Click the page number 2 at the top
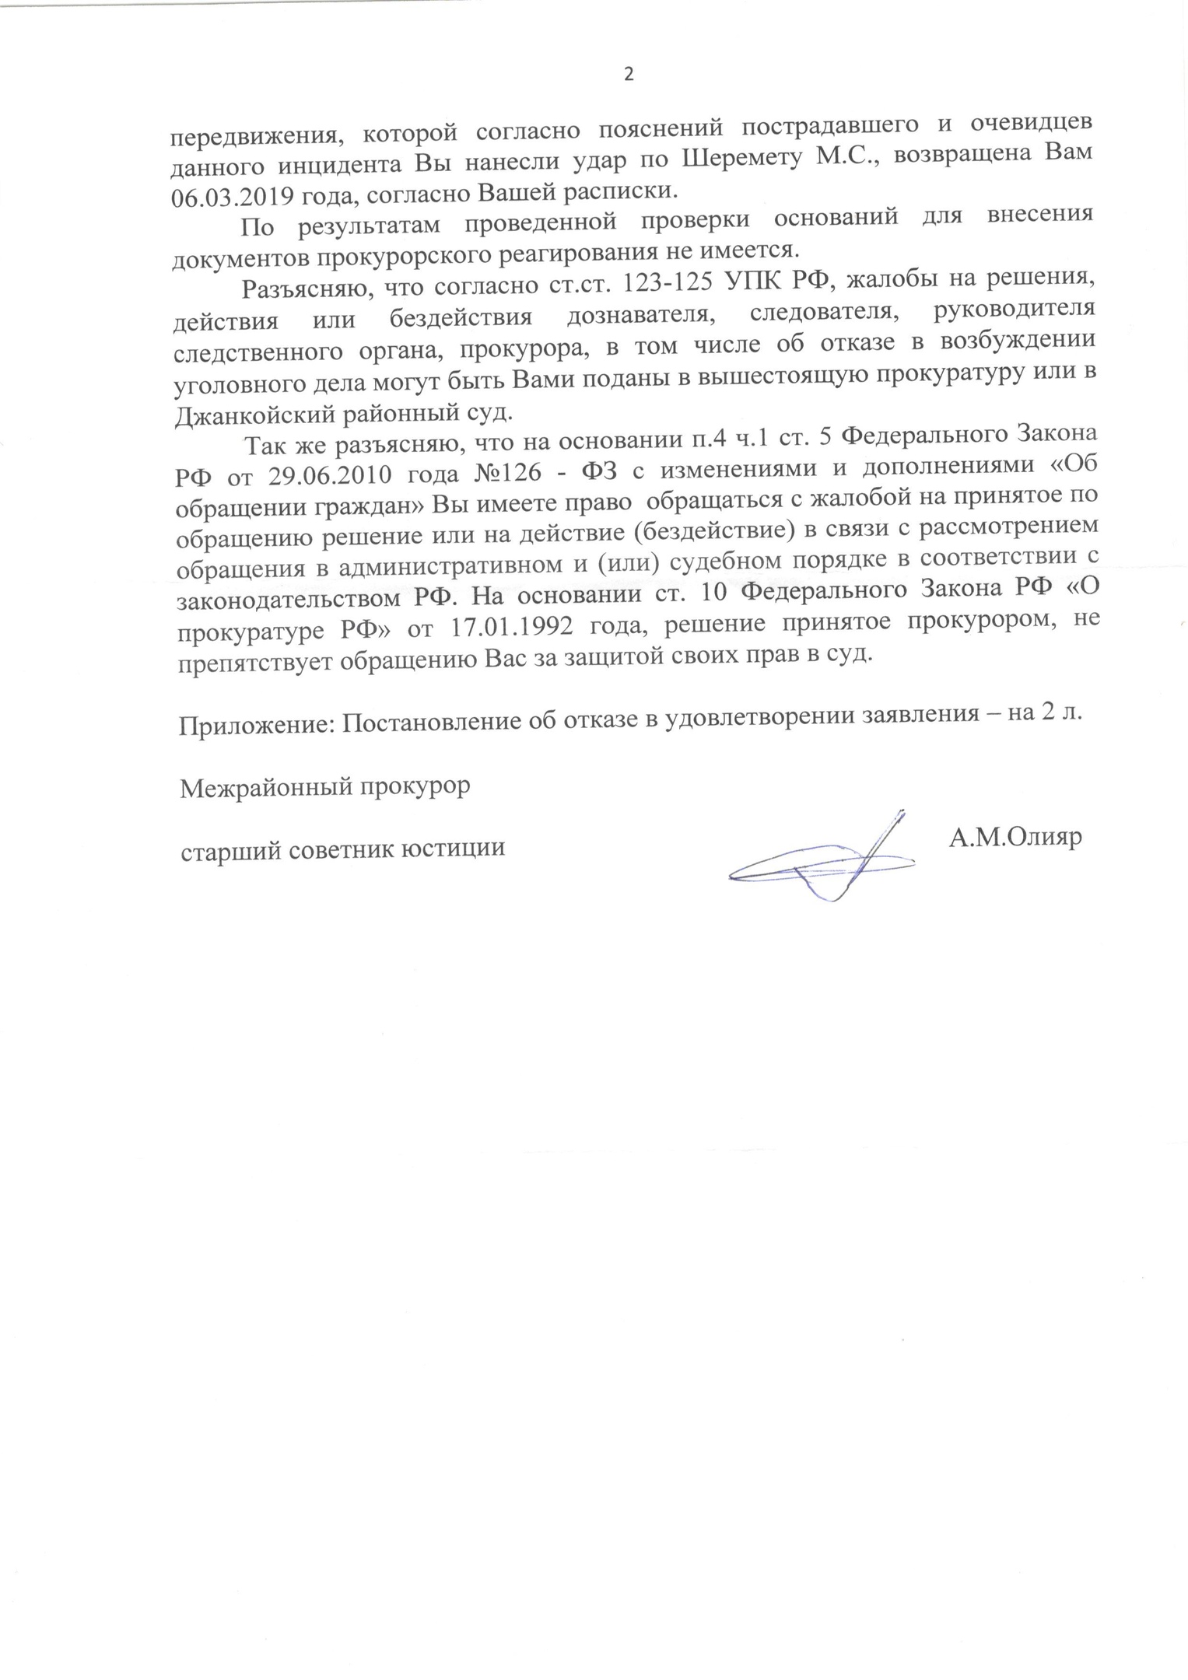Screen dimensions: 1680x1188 pyautogui.click(x=629, y=75)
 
